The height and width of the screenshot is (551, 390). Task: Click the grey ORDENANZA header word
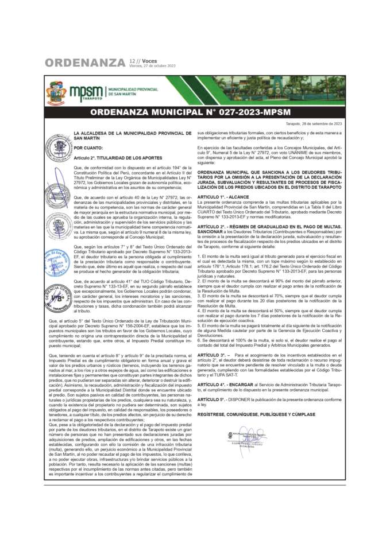pyautogui.click(x=84, y=62)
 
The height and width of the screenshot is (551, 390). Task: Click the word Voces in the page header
pyautogui.click(x=149, y=60)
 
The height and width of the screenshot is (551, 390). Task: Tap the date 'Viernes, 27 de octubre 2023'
pyautogui.click(x=152, y=66)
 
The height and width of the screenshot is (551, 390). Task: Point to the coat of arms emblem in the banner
pyautogui.click(x=56, y=92)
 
